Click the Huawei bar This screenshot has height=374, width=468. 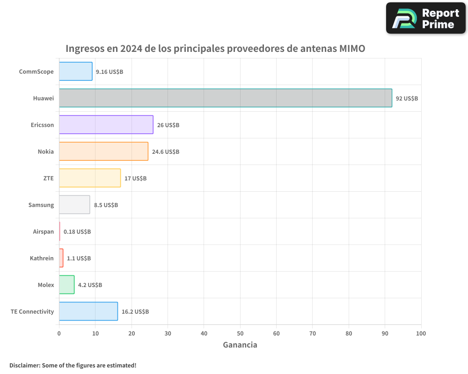coord(226,98)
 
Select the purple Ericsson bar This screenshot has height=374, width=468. coord(106,125)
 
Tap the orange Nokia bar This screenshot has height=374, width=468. coord(103,151)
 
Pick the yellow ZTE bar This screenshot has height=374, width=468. coord(90,178)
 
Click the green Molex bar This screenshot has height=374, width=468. coord(67,285)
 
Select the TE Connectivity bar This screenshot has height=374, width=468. coord(88,311)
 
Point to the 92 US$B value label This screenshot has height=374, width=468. coord(407,99)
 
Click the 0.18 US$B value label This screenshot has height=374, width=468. coord(77,232)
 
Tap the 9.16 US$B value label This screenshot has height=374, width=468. coord(110,72)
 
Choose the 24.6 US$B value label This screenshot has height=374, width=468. coord(166,152)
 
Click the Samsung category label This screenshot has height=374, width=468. coord(41,205)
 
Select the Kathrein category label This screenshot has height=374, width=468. coord(42,259)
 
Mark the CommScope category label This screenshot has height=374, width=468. coord(37,72)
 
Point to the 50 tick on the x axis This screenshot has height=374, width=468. coord(240,333)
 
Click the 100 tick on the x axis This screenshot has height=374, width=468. coord(421,333)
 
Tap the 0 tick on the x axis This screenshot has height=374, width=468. coord(59,333)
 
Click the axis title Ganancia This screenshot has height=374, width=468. coord(240,345)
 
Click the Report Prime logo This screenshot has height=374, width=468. coord(425,18)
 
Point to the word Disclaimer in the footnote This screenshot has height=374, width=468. coord(24,365)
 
